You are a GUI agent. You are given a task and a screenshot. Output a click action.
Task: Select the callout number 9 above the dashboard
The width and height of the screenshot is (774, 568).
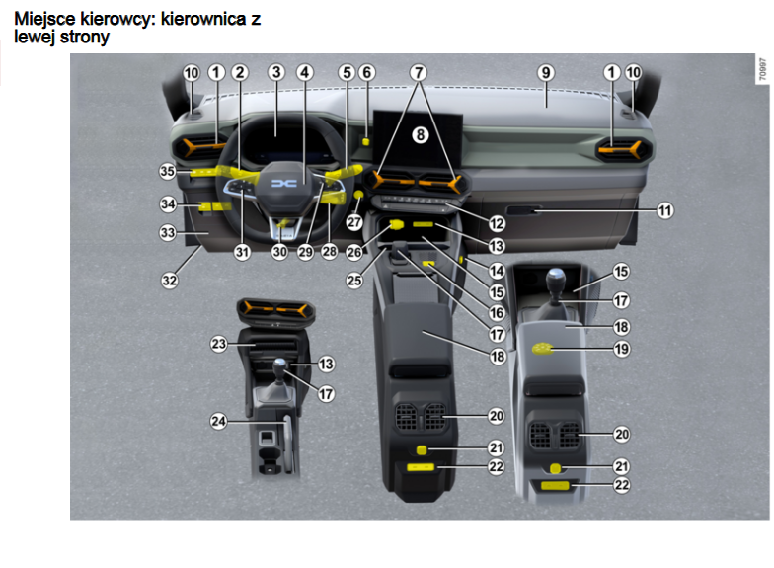(545, 72)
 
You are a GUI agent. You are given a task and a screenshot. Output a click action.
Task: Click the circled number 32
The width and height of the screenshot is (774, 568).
(170, 280)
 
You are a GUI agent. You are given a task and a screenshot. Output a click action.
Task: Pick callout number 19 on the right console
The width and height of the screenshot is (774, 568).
(620, 349)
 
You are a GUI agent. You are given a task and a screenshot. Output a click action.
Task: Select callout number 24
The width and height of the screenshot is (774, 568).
(218, 420)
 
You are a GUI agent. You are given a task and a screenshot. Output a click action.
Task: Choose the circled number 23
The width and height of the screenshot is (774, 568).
(218, 345)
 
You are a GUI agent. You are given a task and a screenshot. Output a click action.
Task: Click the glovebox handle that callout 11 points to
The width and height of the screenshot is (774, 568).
(523, 210)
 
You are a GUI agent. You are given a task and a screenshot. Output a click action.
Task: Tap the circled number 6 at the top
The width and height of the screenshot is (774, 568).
(367, 72)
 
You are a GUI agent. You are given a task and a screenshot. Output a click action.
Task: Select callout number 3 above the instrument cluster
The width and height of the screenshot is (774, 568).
(276, 72)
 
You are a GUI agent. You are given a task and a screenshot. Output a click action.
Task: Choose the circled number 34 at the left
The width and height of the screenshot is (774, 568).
(169, 204)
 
